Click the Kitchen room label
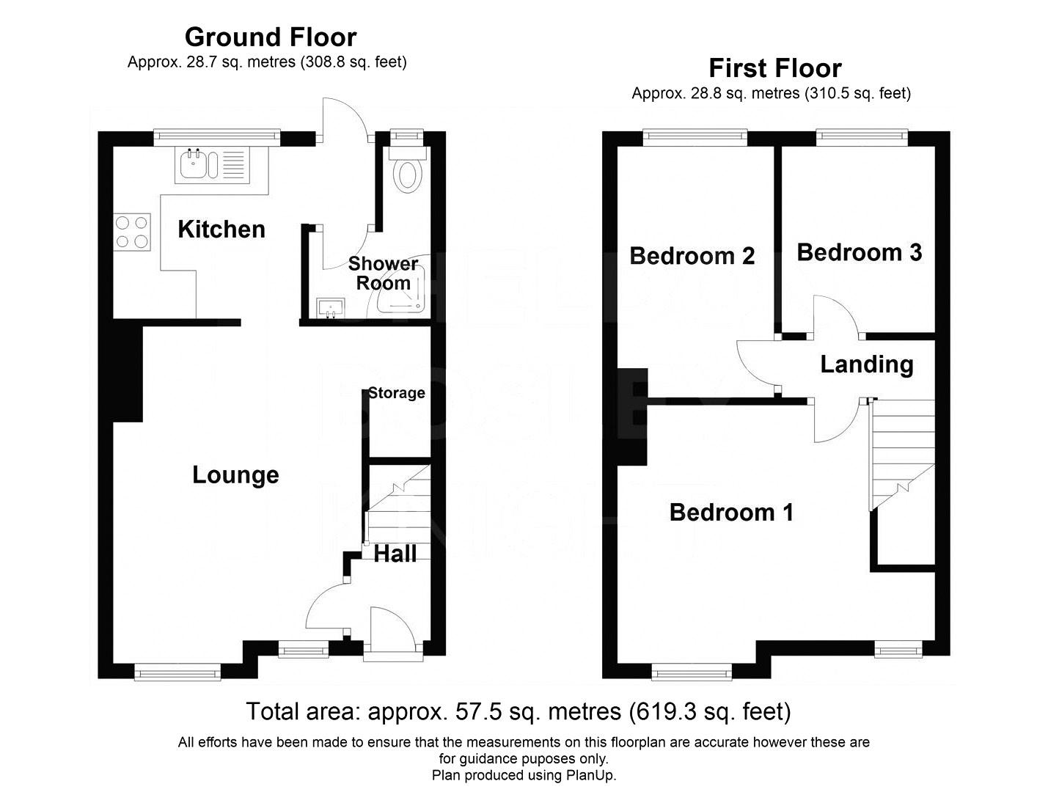221,230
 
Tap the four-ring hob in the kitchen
132,232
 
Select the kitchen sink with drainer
213,165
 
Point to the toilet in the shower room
407,170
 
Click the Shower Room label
384,274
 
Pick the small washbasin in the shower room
331,308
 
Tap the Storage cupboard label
396,393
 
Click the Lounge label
235,475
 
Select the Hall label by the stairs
395,554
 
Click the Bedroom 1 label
731,513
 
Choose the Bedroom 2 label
692,256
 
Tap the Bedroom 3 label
860,252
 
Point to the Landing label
867,364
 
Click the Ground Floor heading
271,37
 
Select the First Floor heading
775,68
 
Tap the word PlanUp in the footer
590,776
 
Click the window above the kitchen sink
217,137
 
